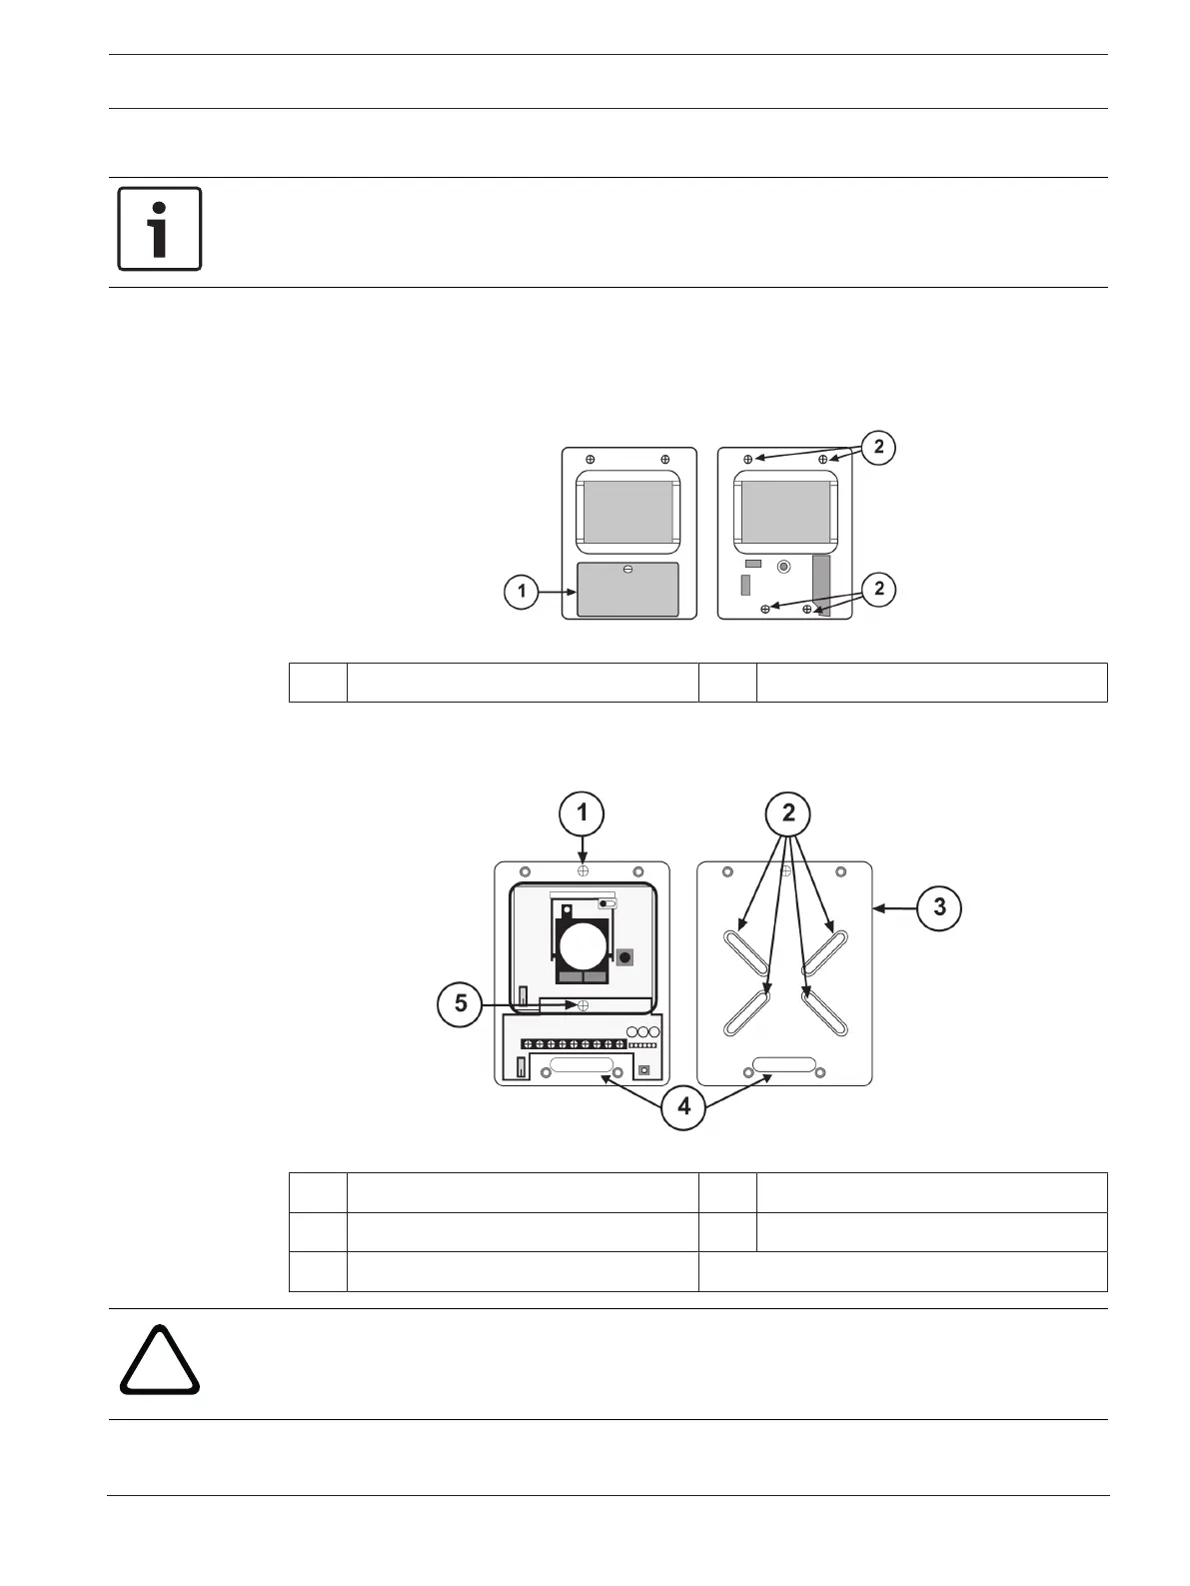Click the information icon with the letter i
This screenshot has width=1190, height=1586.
click(x=160, y=228)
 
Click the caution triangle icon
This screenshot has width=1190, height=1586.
click(x=160, y=1361)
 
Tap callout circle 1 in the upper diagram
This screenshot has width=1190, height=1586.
click(x=522, y=592)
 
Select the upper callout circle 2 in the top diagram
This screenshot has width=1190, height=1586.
click(x=878, y=447)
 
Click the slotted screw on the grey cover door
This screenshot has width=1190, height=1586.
click(x=627, y=570)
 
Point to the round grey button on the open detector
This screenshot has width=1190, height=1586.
click(x=784, y=567)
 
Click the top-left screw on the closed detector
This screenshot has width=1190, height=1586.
click(x=590, y=459)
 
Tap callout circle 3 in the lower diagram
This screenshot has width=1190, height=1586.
click(x=938, y=907)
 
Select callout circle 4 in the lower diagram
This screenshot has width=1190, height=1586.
click(x=683, y=1106)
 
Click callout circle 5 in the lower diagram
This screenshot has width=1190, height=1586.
click(x=461, y=1002)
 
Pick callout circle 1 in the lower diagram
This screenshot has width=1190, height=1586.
click(x=582, y=813)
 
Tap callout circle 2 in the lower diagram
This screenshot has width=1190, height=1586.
click(x=788, y=813)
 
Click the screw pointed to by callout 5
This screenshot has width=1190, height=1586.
click(x=583, y=1005)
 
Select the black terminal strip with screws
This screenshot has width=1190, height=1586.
click(x=574, y=1044)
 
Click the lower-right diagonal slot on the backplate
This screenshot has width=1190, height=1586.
click(x=826, y=1011)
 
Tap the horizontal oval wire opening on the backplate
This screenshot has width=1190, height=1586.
click(x=784, y=1064)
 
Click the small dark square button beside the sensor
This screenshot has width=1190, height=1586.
click(x=624, y=957)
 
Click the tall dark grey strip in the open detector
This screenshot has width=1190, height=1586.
click(x=821, y=586)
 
